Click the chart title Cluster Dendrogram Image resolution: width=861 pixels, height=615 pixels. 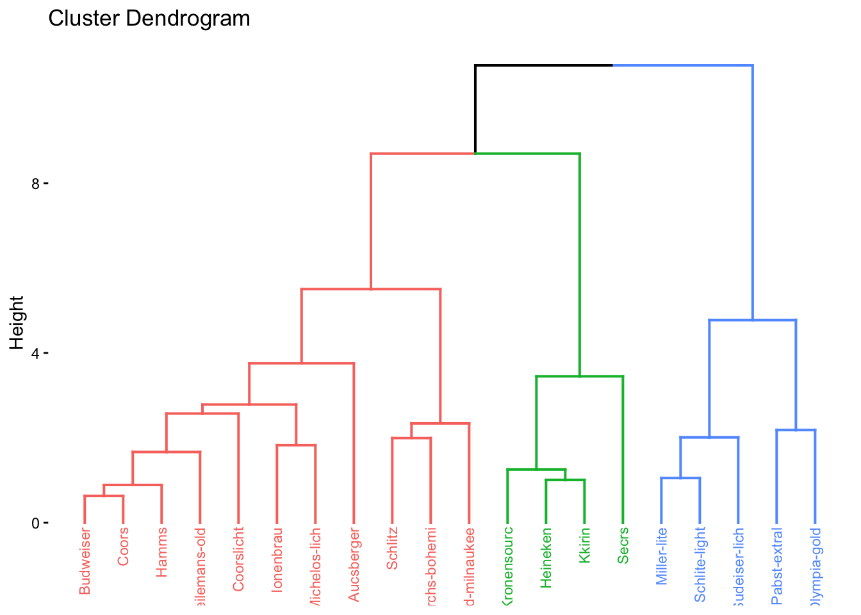pyautogui.click(x=149, y=19)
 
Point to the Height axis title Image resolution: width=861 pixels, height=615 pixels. pyautogui.click(x=17, y=323)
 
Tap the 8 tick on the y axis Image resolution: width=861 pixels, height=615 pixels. pyautogui.click(x=36, y=184)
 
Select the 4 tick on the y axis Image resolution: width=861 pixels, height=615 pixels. pyautogui.click(x=36, y=354)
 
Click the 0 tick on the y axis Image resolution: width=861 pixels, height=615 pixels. pyautogui.click(x=36, y=523)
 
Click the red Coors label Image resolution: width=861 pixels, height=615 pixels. pyautogui.click(x=123, y=546)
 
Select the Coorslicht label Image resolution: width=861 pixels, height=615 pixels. pyautogui.click(x=238, y=559)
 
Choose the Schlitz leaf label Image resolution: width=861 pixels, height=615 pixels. pyautogui.click(x=392, y=548)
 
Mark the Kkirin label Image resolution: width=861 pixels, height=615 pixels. pyautogui.click(x=584, y=546)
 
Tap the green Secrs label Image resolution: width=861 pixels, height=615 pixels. pyautogui.click(x=623, y=546)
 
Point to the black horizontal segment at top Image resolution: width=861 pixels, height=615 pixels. pyautogui.click(x=544, y=65)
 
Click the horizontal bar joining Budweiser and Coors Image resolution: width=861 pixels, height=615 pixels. pyautogui.click(x=104, y=496)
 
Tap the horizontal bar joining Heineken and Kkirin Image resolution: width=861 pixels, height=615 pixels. pyautogui.click(x=565, y=480)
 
